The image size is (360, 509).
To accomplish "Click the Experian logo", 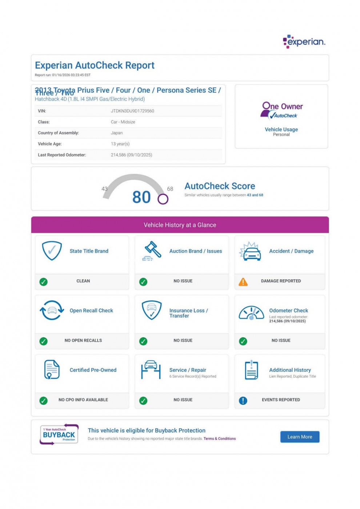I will click(304, 41).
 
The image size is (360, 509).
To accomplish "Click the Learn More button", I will click(300, 437).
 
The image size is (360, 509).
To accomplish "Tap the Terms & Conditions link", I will click(220, 439).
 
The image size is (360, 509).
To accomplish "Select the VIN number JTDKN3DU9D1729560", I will click(132, 111).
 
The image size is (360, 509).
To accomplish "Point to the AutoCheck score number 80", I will click(141, 197).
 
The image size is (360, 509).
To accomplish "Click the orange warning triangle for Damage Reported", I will click(243, 282).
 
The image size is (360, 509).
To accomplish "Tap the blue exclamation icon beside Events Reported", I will click(243, 400).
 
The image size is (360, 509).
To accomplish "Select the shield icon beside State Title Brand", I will click(52, 251).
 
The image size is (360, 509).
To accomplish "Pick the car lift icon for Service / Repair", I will click(151, 370).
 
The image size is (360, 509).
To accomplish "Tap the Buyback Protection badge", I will click(59, 434).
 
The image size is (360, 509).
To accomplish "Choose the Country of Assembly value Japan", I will click(117, 133).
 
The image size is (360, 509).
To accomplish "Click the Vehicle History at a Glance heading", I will click(180, 225).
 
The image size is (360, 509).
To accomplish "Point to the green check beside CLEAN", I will click(44, 282).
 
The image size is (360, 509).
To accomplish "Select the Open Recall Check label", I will click(91, 310).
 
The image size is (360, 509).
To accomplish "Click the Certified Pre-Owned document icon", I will click(52, 370).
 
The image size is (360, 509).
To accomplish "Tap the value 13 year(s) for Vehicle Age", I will click(120, 144).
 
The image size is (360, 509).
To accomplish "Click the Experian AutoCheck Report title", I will click(95, 65).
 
